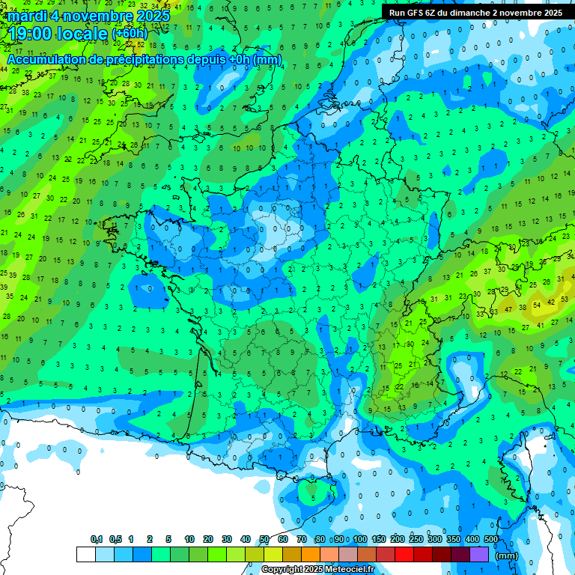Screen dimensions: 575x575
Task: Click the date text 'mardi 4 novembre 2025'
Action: pyautogui.click(x=89, y=15)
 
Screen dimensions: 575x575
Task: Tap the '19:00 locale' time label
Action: pyautogui.click(x=57, y=32)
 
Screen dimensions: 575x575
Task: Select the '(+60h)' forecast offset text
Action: pyautogui.click(x=130, y=34)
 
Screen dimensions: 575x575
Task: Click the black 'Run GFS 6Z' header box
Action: pyautogui.click(x=475, y=12)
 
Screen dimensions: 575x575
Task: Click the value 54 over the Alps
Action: pyautogui.click(x=536, y=305)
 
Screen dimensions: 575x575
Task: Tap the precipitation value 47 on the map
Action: pyautogui.click(x=509, y=309)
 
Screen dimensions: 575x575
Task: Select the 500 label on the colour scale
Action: pyautogui.click(x=491, y=540)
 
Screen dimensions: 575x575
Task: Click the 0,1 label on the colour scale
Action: pyautogui.click(x=96, y=540)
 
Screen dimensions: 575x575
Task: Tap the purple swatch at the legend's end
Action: pyautogui.click(x=479, y=555)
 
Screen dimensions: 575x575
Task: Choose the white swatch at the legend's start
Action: pyautogui.click(x=86, y=555)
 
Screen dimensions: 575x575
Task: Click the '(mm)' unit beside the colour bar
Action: pyautogui.click(x=507, y=556)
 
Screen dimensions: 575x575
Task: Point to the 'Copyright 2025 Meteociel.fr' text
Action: pyautogui.click(x=318, y=570)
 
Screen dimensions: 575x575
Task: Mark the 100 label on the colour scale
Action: pyautogui.click(x=360, y=540)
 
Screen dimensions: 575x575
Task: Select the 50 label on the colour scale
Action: pyautogui.click(x=264, y=540)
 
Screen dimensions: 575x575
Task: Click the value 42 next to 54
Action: pyautogui.click(x=551, y=302)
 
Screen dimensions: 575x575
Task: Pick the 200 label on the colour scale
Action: pyautogui.click(x=397, y=540)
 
